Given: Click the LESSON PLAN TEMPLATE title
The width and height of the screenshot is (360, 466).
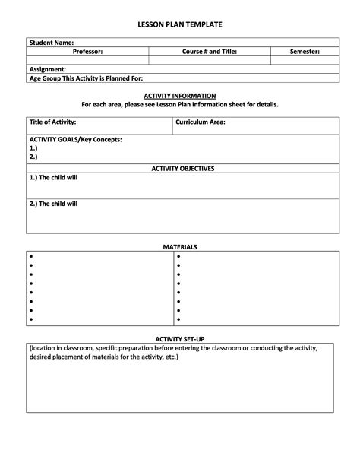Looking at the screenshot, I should [x=179, y=25].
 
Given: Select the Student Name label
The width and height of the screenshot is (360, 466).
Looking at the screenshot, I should [x=51, y=43].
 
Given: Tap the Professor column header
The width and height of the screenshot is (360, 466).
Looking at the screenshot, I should [x=87, y=51].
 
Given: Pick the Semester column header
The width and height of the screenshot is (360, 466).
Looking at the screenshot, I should [x=305, y=51].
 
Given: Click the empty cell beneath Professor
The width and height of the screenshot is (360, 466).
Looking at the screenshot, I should [x=87, y=59].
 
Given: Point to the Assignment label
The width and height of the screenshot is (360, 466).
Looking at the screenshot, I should [x=47, y=68].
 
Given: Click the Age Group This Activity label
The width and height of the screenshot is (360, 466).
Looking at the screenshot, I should [x=85, y=78].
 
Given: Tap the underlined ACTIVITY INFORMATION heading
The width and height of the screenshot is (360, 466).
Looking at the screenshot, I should [x=180, y=97].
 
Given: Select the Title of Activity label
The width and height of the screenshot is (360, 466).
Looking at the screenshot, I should [x=52, y=122].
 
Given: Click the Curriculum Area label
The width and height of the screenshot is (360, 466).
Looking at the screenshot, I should [x=201, y=122].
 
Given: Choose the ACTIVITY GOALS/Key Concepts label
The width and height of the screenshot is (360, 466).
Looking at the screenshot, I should [x=75, y=140].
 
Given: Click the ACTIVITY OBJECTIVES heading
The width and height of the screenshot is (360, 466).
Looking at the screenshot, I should [x=183, y=168].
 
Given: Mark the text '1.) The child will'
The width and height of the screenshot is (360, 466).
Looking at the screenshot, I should [x=53, y=177].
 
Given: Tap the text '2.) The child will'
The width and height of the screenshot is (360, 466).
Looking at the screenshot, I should [x=53, y=204].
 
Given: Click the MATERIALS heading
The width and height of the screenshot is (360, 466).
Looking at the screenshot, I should [x=180, y=247].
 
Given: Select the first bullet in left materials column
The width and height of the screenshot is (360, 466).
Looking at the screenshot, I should [x=31, y=257].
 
